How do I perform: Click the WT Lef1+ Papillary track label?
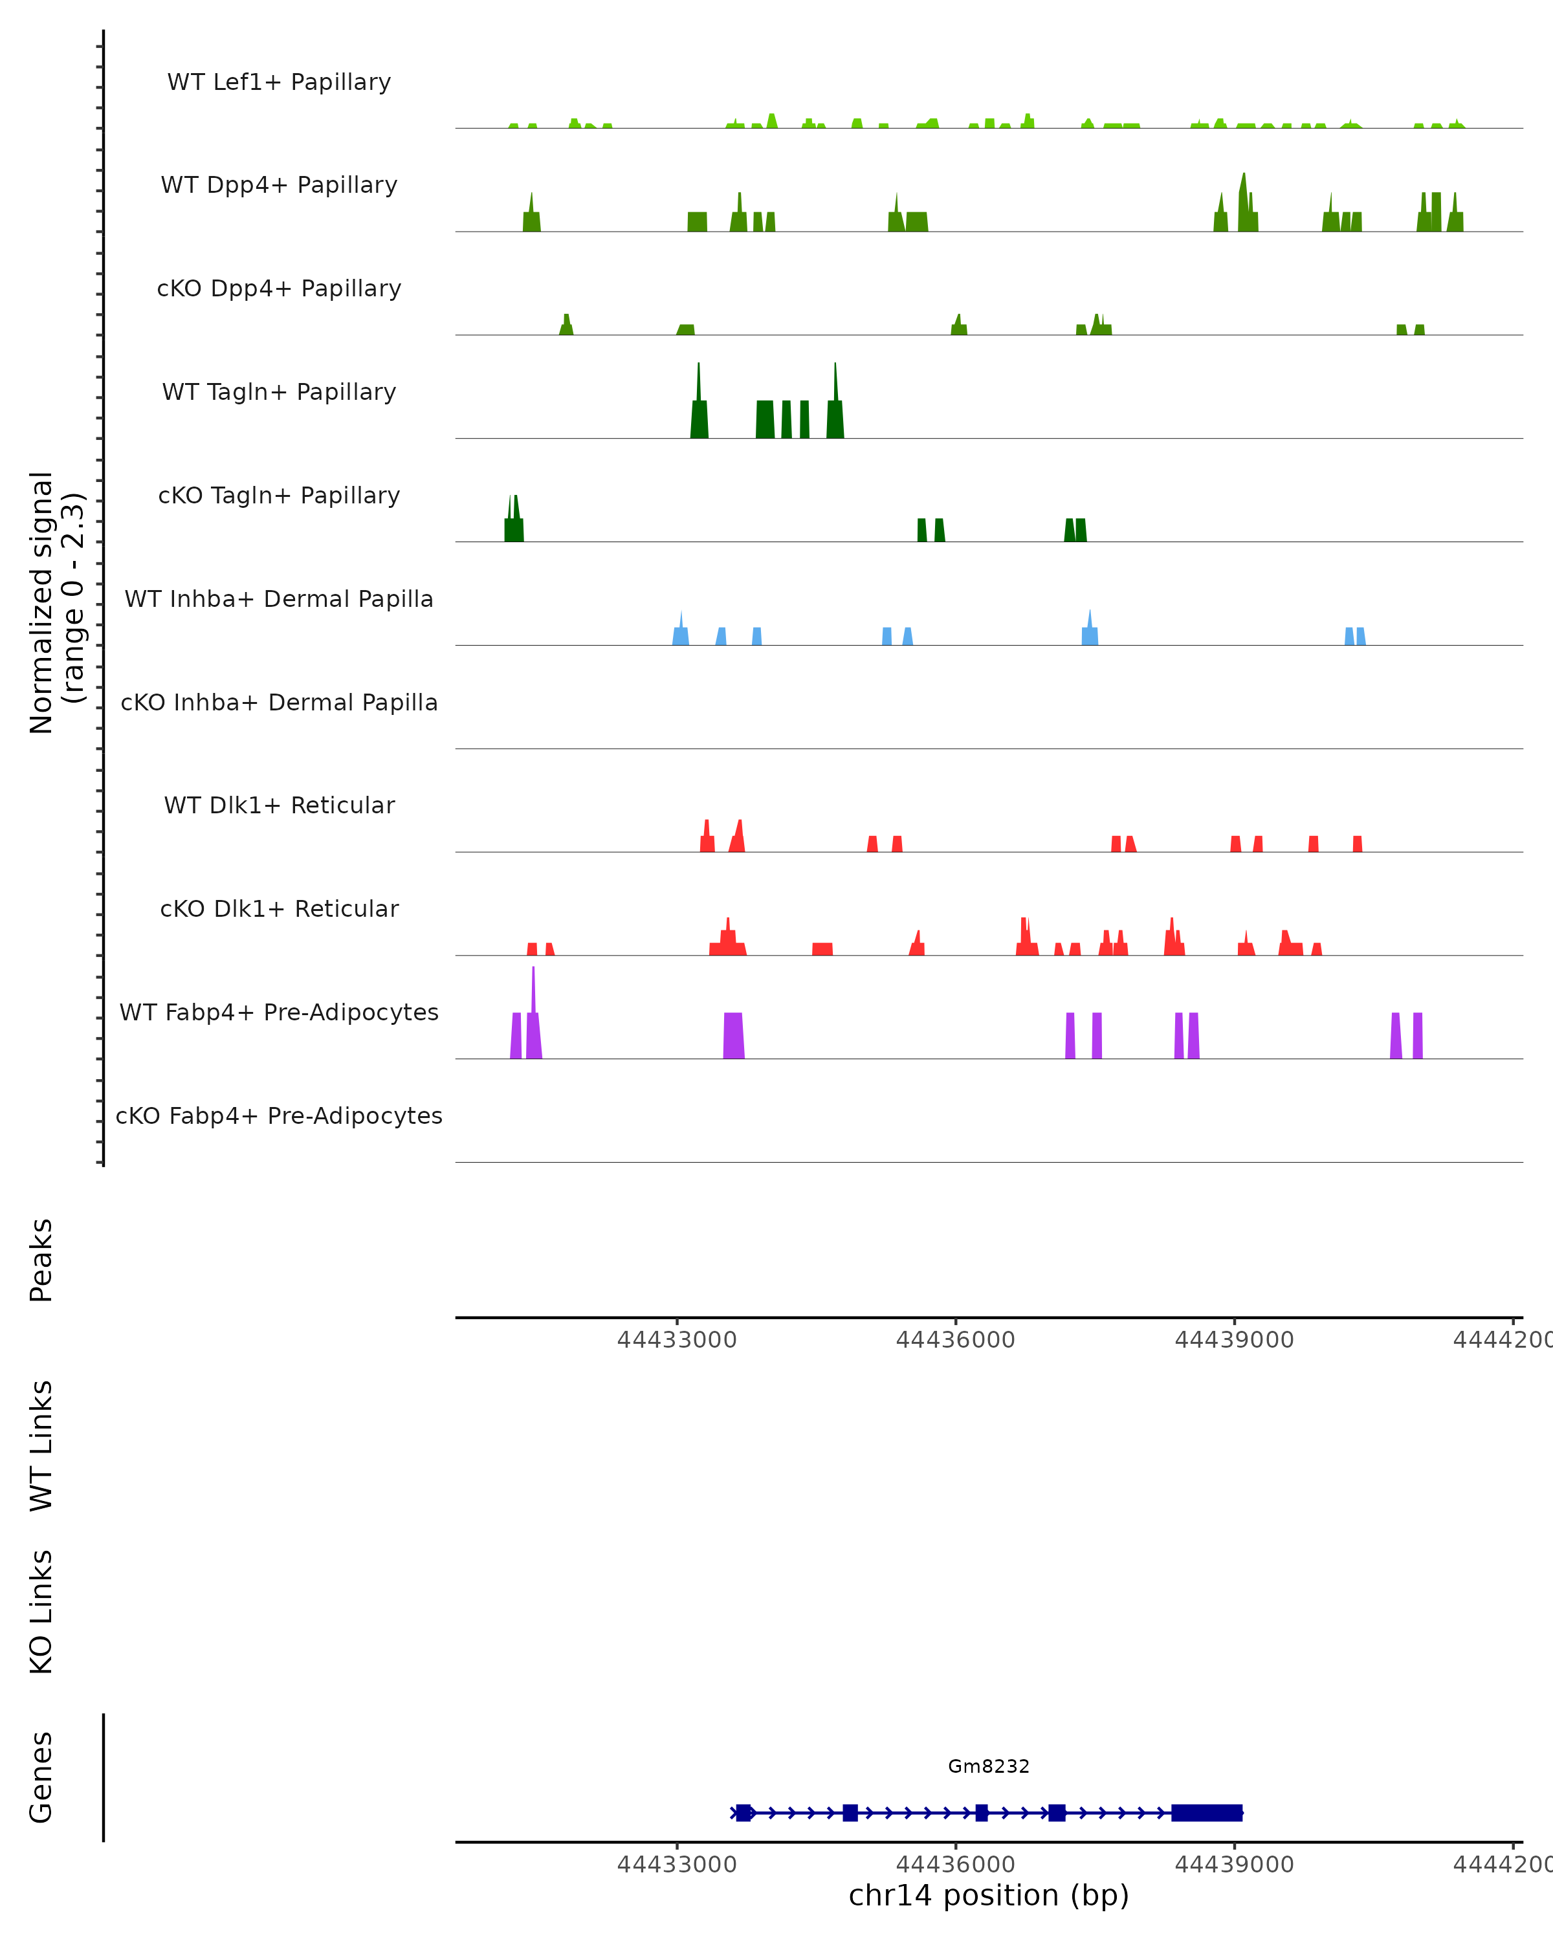pyautogui.click(x=279, y=82)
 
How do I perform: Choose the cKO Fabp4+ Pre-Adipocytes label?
pyautogui.click(x=279, y=1115)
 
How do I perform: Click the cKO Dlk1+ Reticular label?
pyautogui.click(x=279, y=908)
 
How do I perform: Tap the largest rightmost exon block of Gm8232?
pyautogui.click(x=1206, y=1812)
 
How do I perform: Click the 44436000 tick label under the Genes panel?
pyautogui.click(x=955, y=1865)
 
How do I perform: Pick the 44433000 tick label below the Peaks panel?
pyautogui.click(x=677, y=1340)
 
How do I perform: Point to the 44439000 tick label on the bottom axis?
pyautogui.click(x=1234, y=1865)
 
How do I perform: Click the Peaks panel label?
pyautogui.click(x=41, y=1260)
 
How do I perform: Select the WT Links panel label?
pyautogui.click(x=41, y=1445)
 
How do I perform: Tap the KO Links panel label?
pyautogui.click(x=41, y=1612)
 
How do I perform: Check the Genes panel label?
pyautogui.click(x=41, y=1777)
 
